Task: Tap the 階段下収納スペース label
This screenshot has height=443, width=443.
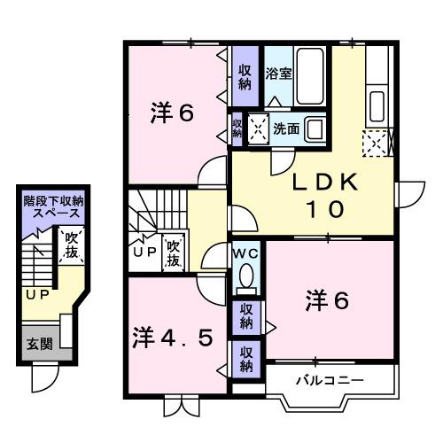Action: (56, 208)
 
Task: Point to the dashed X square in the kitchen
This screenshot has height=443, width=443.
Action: (376, 141)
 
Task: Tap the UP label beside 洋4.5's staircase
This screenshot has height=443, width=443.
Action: (143, 250)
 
